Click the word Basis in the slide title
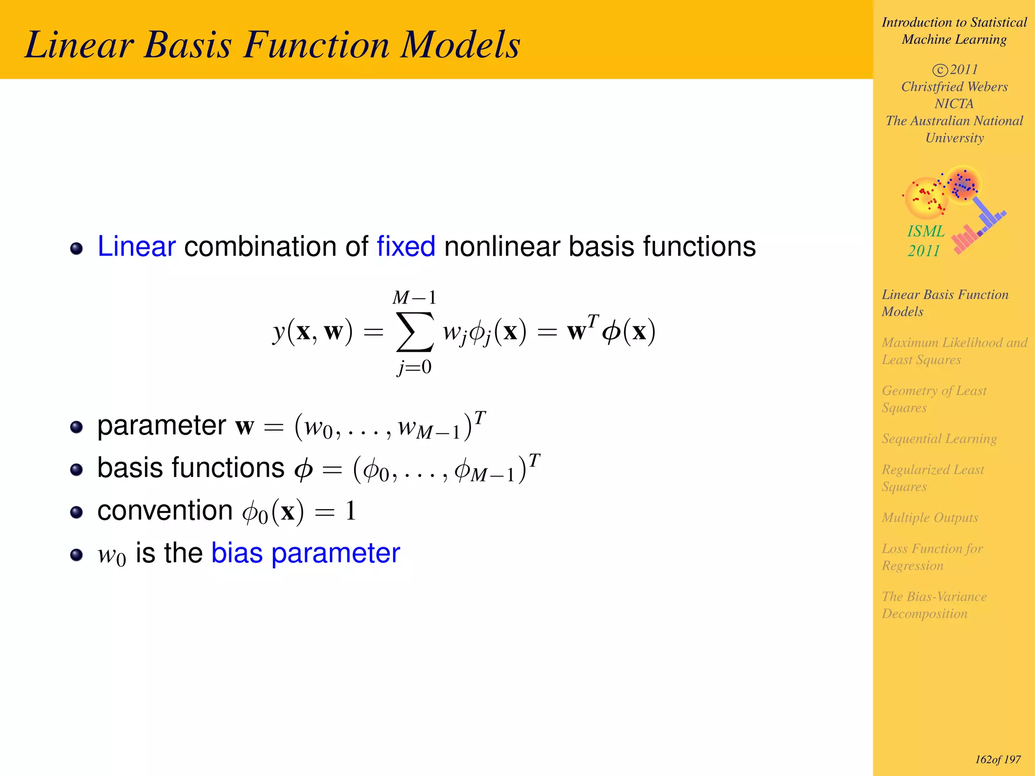tap(188, 44)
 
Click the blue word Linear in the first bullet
tap(136, 247)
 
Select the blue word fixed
tap(406, 247)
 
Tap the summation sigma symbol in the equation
tap(414, 331)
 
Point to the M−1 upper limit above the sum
tap(414, 298)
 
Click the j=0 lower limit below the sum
tap(414, 367)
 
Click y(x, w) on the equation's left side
tap(312, 332)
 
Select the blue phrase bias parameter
tap(305, 553)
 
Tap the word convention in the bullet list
tap(165, 510)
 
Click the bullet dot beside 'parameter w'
tap(76, 427)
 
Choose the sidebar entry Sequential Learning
tap(939, 439)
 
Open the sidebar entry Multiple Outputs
tap(930, 517)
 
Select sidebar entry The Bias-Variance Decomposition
tap(934, 605)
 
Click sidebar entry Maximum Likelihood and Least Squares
tap(954, 351)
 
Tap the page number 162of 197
tap(998, 759)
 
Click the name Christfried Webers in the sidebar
tap(954, 86)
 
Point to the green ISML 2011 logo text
tap(925, 240)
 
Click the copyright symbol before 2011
tap(939, 70)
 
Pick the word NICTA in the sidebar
tap(954, 104)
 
